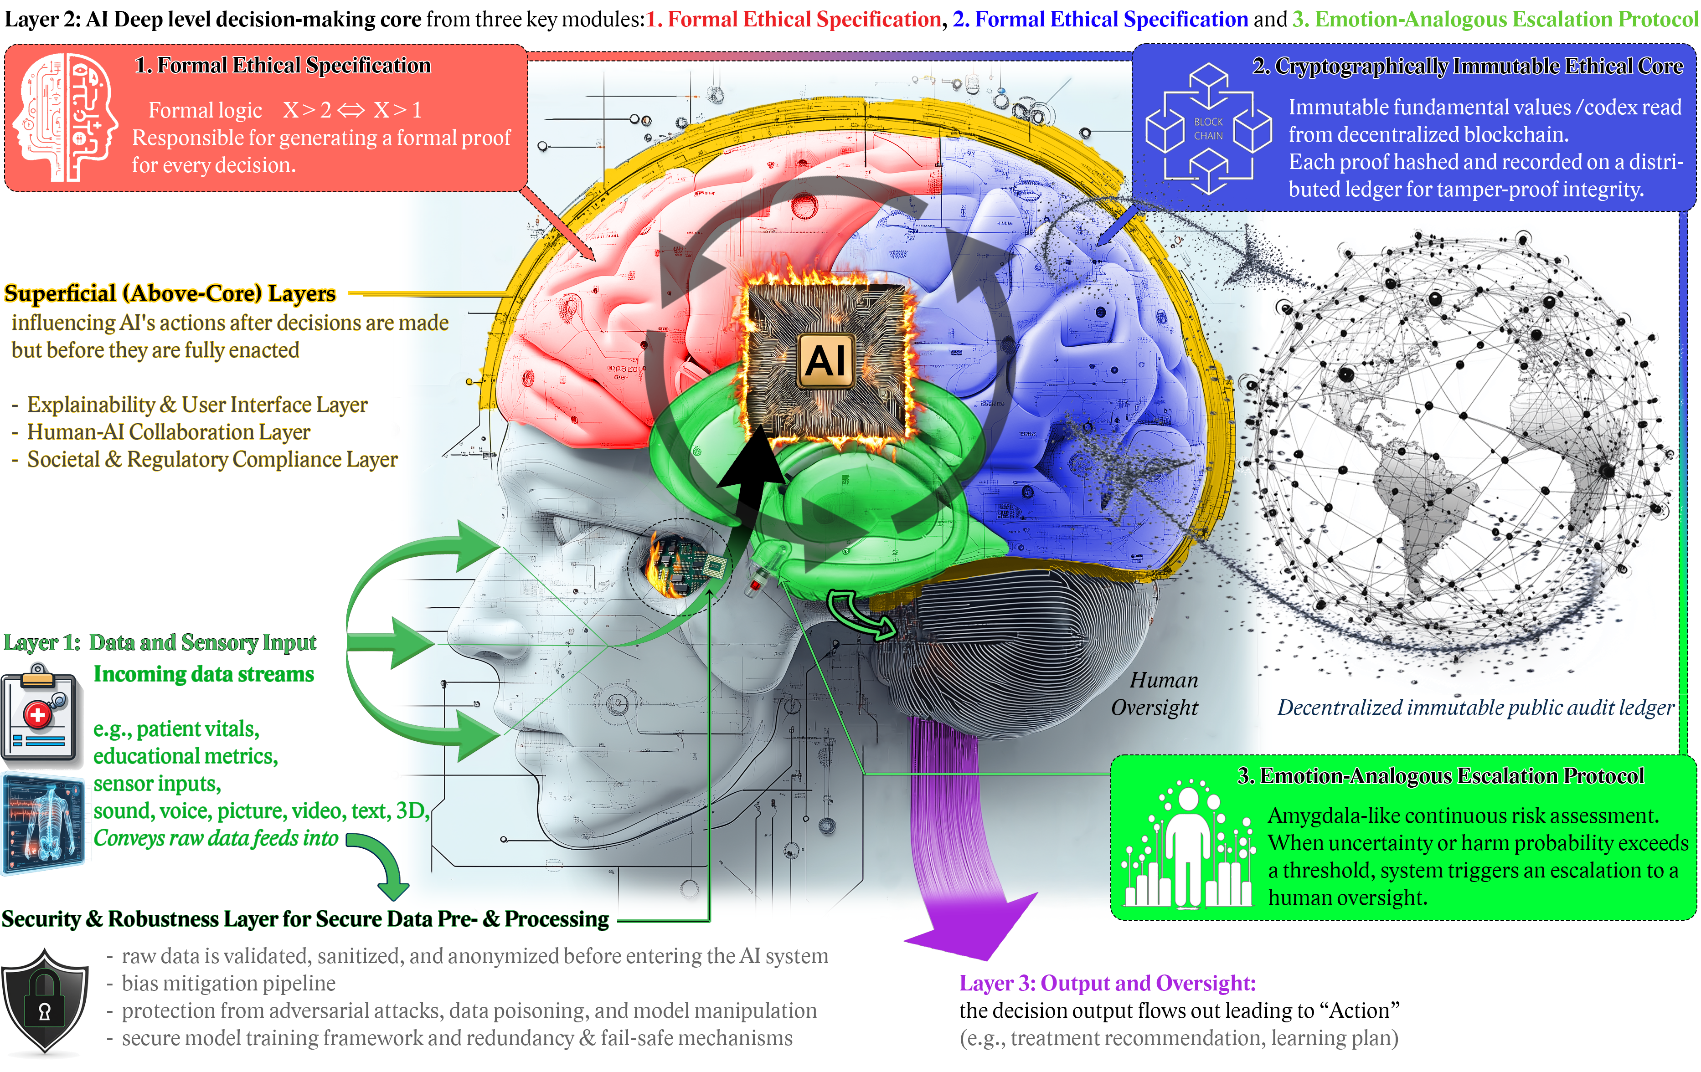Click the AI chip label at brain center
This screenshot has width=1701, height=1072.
[x=826, y=361]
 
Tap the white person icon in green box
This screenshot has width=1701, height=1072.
[x=1188, y=847]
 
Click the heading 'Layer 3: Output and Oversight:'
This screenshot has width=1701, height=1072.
[x=1107, y=983]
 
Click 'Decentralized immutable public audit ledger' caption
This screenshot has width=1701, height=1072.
[x=1475, y=708]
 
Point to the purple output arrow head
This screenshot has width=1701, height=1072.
[x=975, y=925]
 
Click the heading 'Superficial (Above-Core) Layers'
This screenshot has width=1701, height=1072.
[x=170, y=293]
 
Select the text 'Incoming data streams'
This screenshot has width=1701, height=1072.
[x=203, y=674]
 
